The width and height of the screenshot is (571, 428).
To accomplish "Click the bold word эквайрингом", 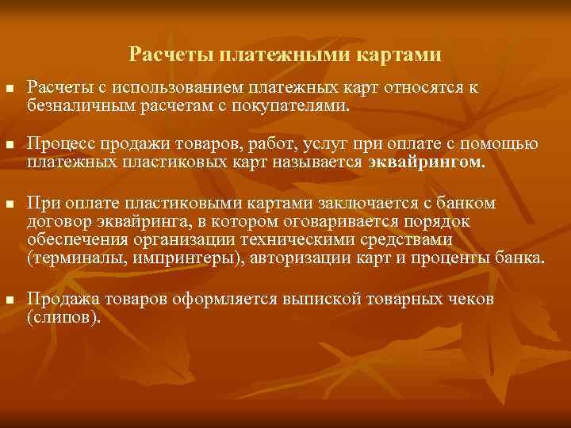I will (x=426, y=162).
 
